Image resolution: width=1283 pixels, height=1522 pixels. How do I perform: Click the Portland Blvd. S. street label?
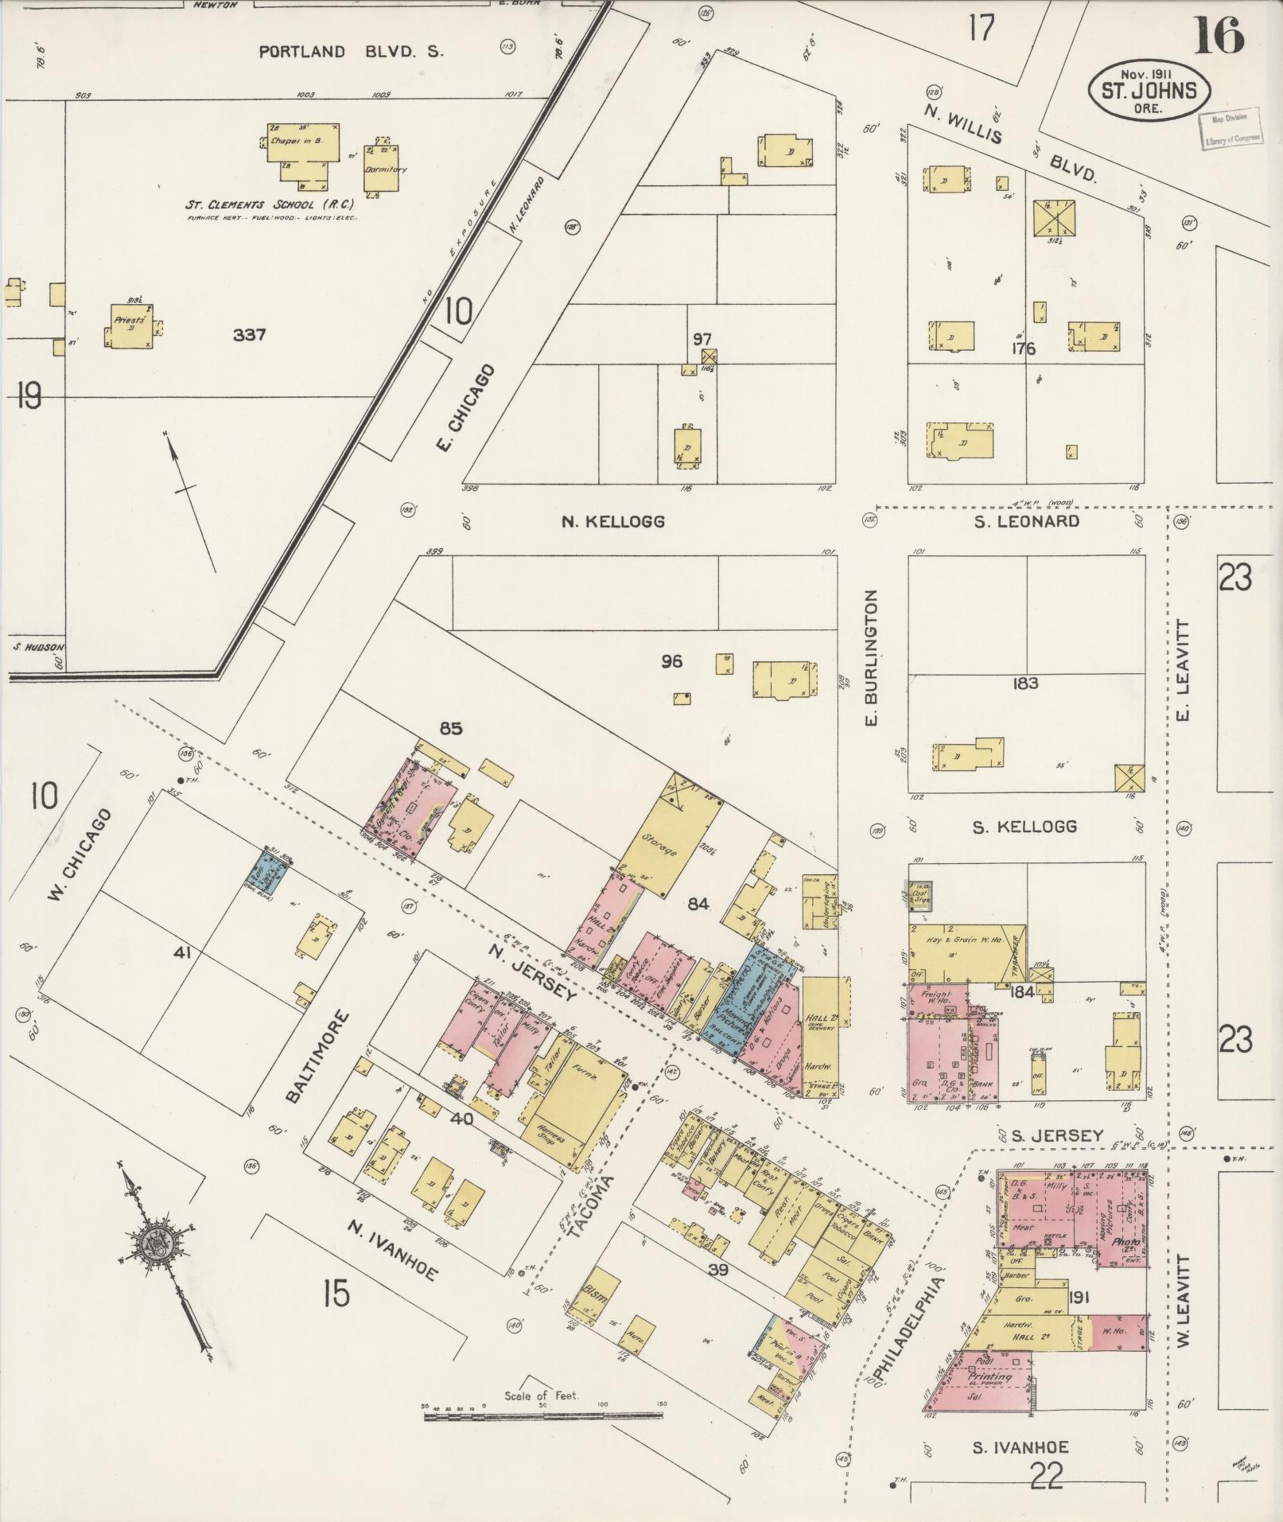coord(351,53)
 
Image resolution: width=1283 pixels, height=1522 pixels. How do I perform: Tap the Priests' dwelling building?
coord(130,325)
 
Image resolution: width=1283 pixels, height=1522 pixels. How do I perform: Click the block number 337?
coord(248,335)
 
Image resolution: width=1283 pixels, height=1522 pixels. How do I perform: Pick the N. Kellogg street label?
coord(612,522)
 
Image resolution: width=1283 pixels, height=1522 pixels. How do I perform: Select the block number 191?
coord(1079,1298)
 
